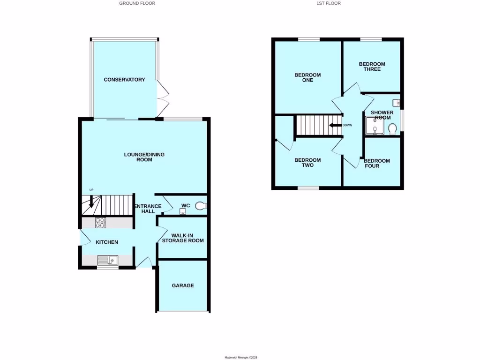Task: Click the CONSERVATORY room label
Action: tap(124, 80)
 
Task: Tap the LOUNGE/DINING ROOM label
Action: tap(144, 157)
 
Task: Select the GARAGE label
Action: tap(182, 285)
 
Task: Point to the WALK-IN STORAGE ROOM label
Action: tap(182, 238)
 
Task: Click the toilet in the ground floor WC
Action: tap(201, 206)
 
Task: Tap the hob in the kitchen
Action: tap(101, 223)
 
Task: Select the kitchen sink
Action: tap(108, 260)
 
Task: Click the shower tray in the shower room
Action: tap(375, 125)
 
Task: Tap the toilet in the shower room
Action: tap(393, 128)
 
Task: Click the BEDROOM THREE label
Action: tap(372, 67)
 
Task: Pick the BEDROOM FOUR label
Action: tap(376, 163)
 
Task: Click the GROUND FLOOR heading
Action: tap(137, 3)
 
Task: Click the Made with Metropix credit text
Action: tap(241, 357)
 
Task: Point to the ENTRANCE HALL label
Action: tap(148, 209)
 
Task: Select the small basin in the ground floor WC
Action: tap(182, 212)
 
